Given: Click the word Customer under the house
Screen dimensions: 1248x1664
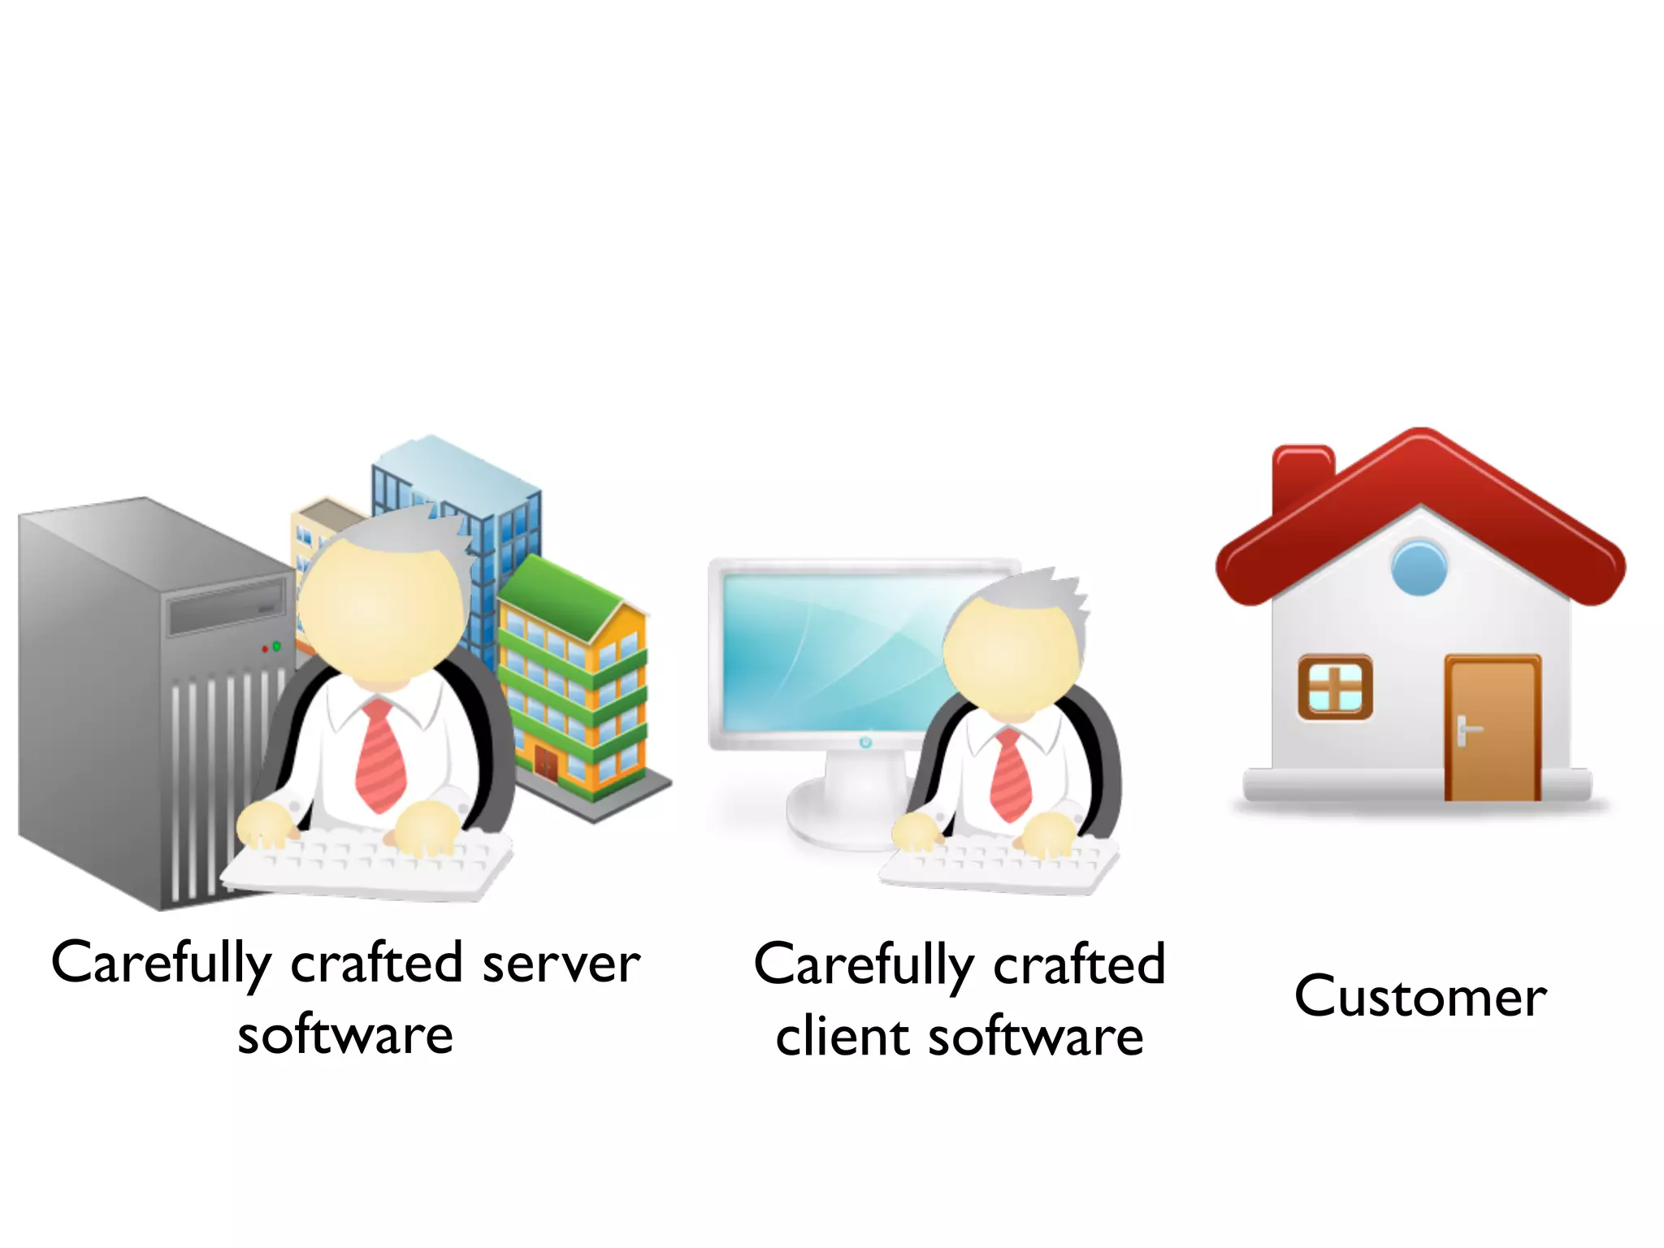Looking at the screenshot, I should [x=1420, y=996].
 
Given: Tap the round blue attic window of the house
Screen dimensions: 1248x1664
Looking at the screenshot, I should [x=1419, y=567].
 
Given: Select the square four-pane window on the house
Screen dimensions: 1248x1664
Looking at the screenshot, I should [x=1335, y=687].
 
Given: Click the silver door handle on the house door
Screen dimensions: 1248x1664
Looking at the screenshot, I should [x=1463, y=730].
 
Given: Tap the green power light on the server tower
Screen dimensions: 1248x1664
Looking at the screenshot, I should [x=276, y=646].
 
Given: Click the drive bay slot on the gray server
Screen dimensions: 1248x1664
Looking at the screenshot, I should [x=227, y=605].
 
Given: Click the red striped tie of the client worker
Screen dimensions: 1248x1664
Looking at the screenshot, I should [x=1011, y=775].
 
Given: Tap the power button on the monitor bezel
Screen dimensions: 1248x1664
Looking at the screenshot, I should [x=864, y=742].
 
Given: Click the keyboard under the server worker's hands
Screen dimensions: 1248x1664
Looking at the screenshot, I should [x=366, y=865].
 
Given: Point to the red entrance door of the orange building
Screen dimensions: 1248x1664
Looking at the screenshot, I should [x=546, y=764].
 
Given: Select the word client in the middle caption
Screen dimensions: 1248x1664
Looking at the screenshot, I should [x=842, y=1037].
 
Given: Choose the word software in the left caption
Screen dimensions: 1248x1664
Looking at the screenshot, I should [x=345, y=1035].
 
